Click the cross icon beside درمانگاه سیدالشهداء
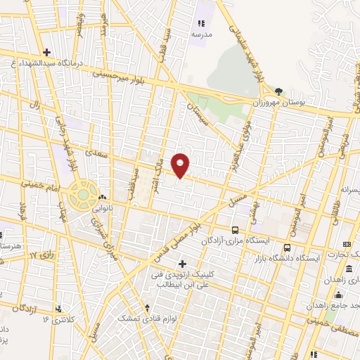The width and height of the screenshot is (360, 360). click(47, 52)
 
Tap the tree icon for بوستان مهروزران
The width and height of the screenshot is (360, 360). click(279, 92)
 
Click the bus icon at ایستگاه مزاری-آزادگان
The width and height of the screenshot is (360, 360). click(235, 230)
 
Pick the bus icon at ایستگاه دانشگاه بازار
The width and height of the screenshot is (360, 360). click(287, 247)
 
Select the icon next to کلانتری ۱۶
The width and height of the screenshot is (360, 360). click(59, 309)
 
